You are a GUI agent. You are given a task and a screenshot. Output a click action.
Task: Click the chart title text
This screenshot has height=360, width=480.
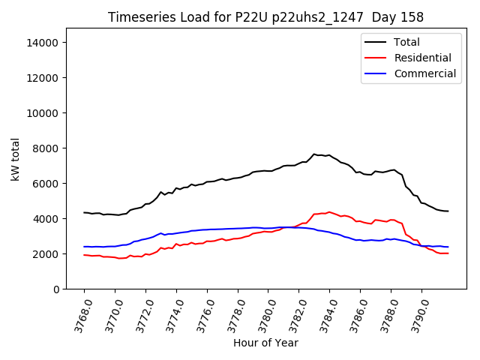click(265, 17)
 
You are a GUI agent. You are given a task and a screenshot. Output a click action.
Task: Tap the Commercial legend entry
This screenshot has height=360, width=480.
click(424, 73)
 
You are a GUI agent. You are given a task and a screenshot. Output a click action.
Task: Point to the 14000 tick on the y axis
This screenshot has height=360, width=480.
click(43, 43)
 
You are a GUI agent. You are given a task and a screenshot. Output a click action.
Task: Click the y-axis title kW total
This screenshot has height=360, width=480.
click(16, 159)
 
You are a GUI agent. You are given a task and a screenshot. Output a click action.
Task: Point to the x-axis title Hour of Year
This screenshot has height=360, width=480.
click(265, 343)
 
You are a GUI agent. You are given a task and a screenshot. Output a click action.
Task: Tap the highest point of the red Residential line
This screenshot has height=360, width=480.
click(328, 212)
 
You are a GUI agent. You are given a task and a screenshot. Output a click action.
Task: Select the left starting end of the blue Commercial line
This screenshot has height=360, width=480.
click(84, 247)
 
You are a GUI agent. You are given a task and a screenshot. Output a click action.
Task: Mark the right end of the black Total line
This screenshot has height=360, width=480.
click(448, 211)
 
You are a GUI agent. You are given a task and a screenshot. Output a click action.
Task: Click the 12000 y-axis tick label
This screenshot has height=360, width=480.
click(43, 78)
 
